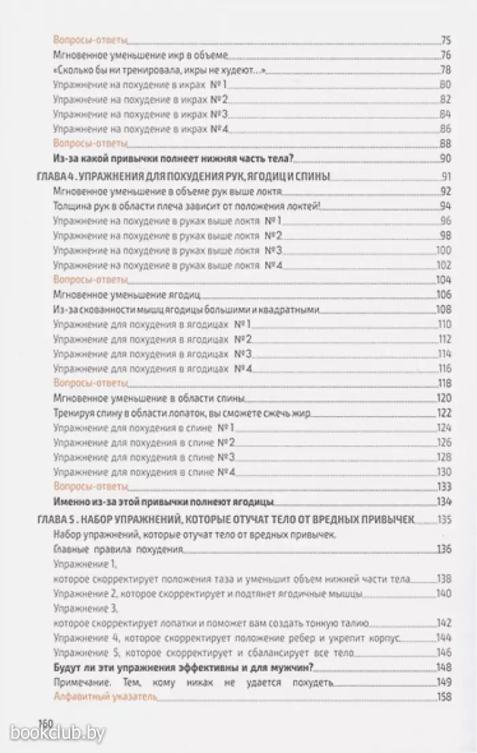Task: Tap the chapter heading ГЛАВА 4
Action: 182,177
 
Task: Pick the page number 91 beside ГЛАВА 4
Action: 447,177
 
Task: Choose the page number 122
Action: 445,413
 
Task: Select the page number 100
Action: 444,250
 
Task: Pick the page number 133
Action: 445,486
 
